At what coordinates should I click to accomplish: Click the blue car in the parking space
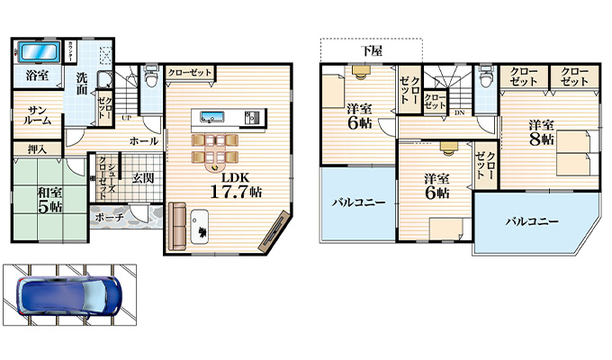coord(67,295)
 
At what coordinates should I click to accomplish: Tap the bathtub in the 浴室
coord(39,49)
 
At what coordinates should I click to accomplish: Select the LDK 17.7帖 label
coord(236,184)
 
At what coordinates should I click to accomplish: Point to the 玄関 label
coord(142,176)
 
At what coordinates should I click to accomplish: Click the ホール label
coord(143,141)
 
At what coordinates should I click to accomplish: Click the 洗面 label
coord(82,83)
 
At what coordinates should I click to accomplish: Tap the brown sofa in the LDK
coord(176,225)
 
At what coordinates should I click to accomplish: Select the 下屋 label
coord(372,51)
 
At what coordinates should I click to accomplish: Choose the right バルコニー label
coord(531,220)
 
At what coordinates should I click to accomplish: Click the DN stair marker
coord(459,113)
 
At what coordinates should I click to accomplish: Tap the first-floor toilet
coord(151,78)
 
